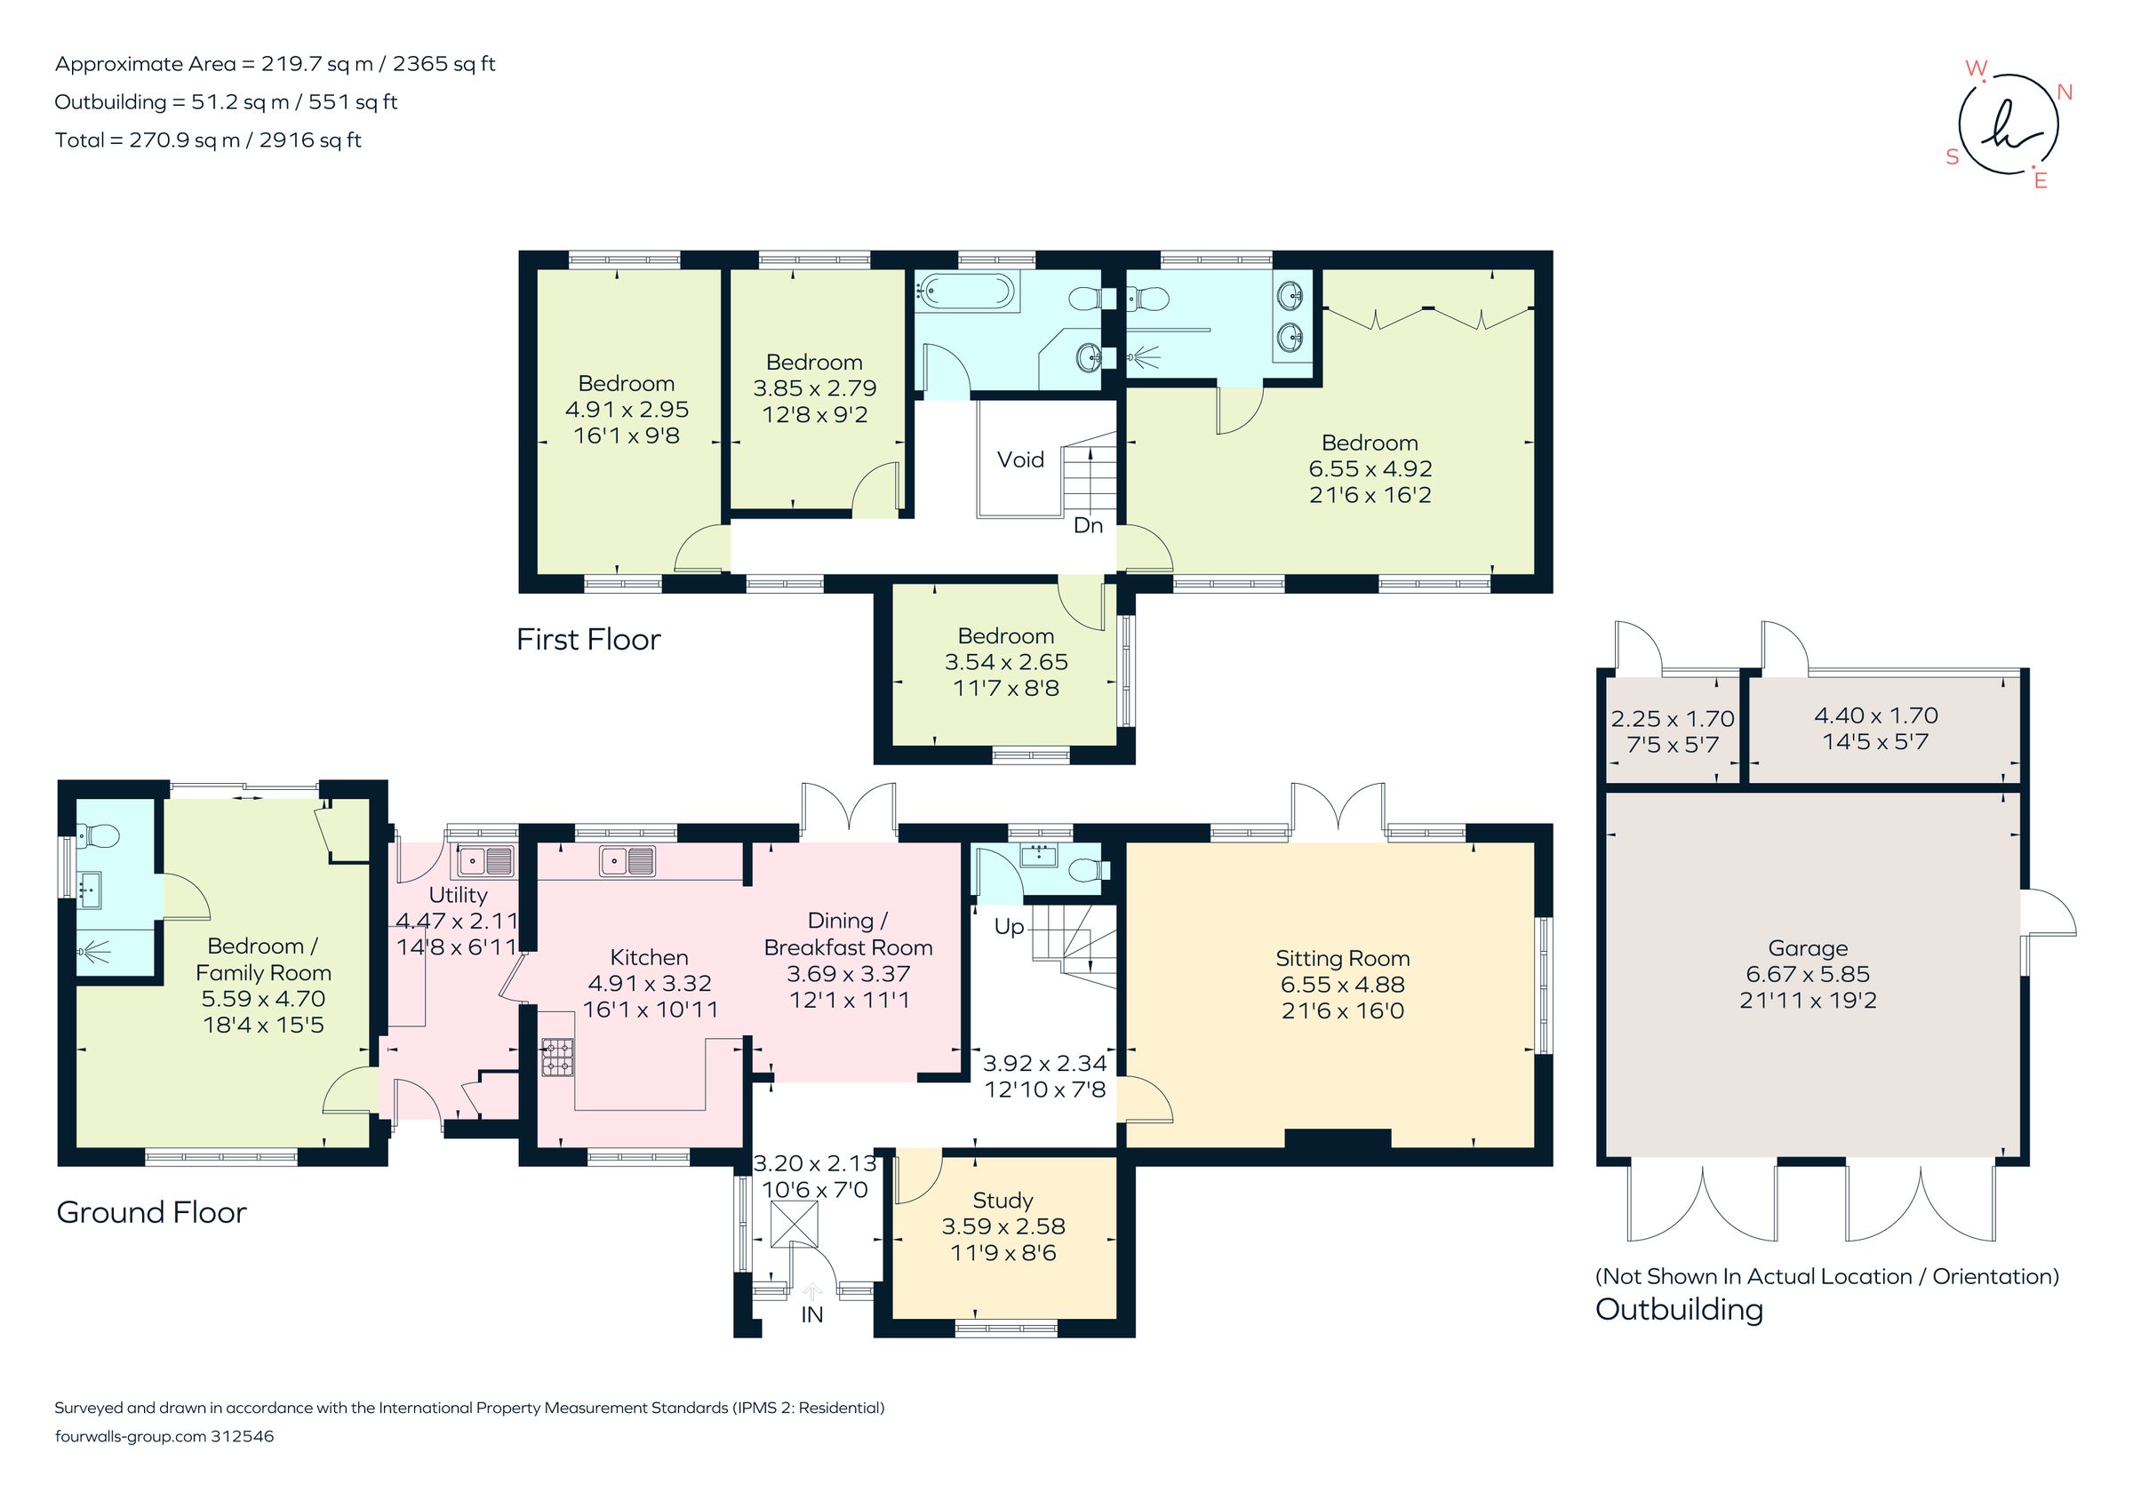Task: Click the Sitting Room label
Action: click(1341, 958)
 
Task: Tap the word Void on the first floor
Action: click(1020, 459)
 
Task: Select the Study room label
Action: click(1003, 1200)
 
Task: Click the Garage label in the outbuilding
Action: click(1807, 947)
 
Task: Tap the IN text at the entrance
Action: click(812, 1314)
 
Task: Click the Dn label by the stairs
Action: click(1088, 525)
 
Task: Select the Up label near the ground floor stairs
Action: click(1009, 926)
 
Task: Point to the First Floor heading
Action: click(588, 639)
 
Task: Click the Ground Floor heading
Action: click(151, 1212)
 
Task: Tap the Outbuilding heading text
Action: click(1679, 1309)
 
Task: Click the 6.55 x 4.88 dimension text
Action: click(1341, 984)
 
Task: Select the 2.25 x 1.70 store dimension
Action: click(1673, 718)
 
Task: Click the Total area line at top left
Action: click(208, 140)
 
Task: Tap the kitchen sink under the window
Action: click(627, 861)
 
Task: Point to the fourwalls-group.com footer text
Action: click(164, 1436)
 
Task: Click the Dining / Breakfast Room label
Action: click(847, 933)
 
